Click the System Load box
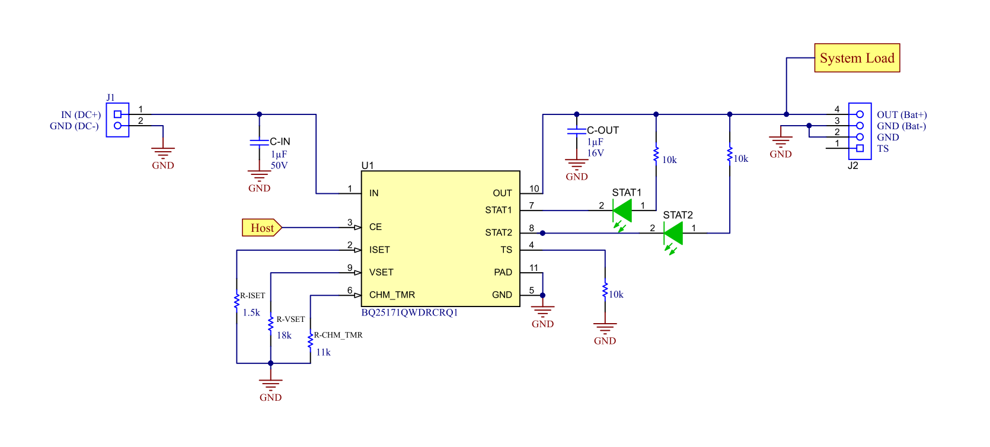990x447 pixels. pos(857,58)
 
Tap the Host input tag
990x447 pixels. pos(261,228)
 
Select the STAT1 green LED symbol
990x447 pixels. pos(622,210)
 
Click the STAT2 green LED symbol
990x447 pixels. pos(673,233)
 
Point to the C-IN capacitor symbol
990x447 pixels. pos(259,142)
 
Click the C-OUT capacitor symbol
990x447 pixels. pos(576,131)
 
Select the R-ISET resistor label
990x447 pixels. pos(253,295)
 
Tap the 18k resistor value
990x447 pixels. pos(284,336)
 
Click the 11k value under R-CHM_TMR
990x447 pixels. pos(323,352)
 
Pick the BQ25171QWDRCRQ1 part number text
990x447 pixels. pos(410,312)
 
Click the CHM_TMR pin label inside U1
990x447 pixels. pos(392,295)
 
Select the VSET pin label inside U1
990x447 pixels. pos(381,272)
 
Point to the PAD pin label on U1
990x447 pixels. pos(503,272)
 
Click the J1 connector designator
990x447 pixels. pos(111,97)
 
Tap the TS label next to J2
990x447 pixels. pos(883,149)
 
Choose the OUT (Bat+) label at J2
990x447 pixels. pos(902,115)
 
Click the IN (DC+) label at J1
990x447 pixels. pos(81,115)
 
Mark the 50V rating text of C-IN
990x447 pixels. pos(279,165)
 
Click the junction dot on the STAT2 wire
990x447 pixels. pos(542,233)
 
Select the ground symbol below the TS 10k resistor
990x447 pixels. pos(605,330)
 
